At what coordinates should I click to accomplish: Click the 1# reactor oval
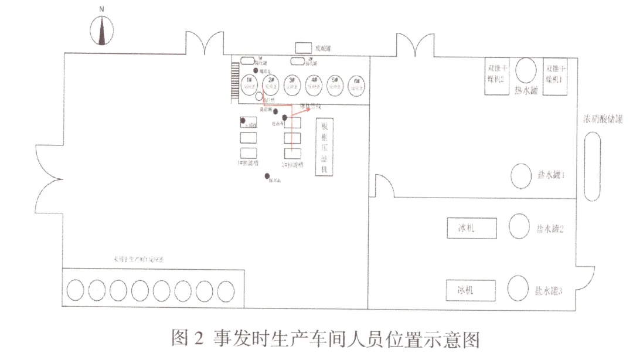pos(248,84)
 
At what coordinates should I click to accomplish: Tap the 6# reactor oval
pos(356,85)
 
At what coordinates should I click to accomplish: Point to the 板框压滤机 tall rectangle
pos(324,147)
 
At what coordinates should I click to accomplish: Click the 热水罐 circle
pos(525,70)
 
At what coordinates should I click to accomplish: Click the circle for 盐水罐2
pos(519,226)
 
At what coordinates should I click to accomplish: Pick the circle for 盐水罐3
pos(519,288)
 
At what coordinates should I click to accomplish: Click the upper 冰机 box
pos(471,227)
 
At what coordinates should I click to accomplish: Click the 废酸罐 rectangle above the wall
pos(304,47)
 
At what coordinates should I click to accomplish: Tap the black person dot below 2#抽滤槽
pos(267,175)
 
